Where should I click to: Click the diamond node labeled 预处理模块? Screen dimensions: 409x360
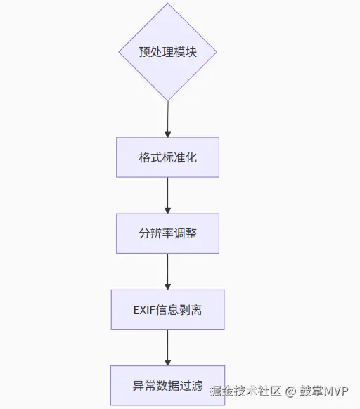[x=167, y=52]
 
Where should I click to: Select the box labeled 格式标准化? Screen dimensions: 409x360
[x=167, y=157]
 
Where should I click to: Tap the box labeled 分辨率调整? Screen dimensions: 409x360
[x=167, y=233]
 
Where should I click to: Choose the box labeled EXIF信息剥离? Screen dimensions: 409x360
[x=167, y=309]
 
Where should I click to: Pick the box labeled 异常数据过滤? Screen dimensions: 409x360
[x=167, y=386]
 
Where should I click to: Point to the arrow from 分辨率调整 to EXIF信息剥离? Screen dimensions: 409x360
[x=167, y=271]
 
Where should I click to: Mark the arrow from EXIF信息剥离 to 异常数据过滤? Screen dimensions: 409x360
[x=167, y=346]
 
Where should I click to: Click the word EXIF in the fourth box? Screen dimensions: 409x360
[x=145, y=309]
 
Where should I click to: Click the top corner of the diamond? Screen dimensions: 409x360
[x=167, y=4]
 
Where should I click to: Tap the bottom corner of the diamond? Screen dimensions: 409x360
[x=167, y=100]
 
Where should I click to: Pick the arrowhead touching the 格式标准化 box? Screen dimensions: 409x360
[x=167, y=134]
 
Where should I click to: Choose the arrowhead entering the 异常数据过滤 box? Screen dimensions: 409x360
[x=167, y=362]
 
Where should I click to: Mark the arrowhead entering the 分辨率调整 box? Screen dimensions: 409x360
[x=167, y=209]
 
